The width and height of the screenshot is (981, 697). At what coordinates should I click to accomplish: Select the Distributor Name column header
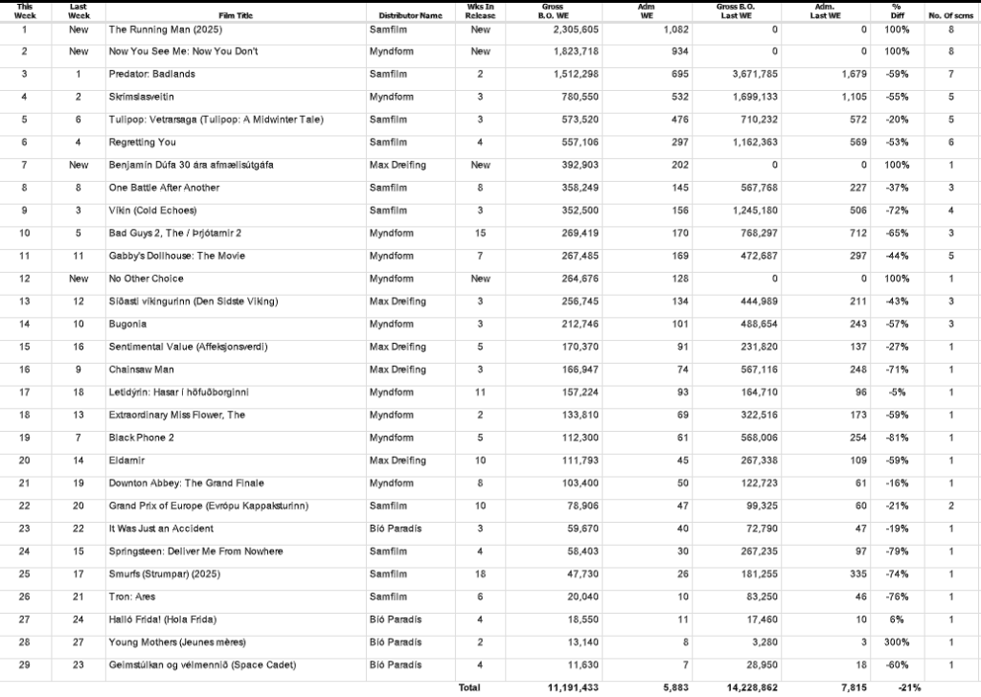pyautogui.click(x=410, y=16)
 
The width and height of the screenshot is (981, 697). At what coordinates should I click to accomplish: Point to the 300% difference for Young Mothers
pyautogui.click(x=898, y=641)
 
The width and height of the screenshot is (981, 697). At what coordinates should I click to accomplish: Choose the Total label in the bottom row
pyautogui.click(x=469, y=687)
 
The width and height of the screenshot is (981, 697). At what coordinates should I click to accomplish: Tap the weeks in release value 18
pyautogui.click(x=480, y=573)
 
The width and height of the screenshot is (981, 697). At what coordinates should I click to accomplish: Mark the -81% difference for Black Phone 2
pyautogui.click(x=898, y=438)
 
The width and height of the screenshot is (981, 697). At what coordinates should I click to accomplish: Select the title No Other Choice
pyautogui.click(x=142, y=279)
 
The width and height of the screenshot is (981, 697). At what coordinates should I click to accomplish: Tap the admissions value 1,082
pyautogui.click(x=663, y=30)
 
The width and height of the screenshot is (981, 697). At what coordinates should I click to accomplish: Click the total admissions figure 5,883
pyautogui.click(x=662, y=687)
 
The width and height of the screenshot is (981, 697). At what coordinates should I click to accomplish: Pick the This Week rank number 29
pyautogui.click(x=25, y=664)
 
